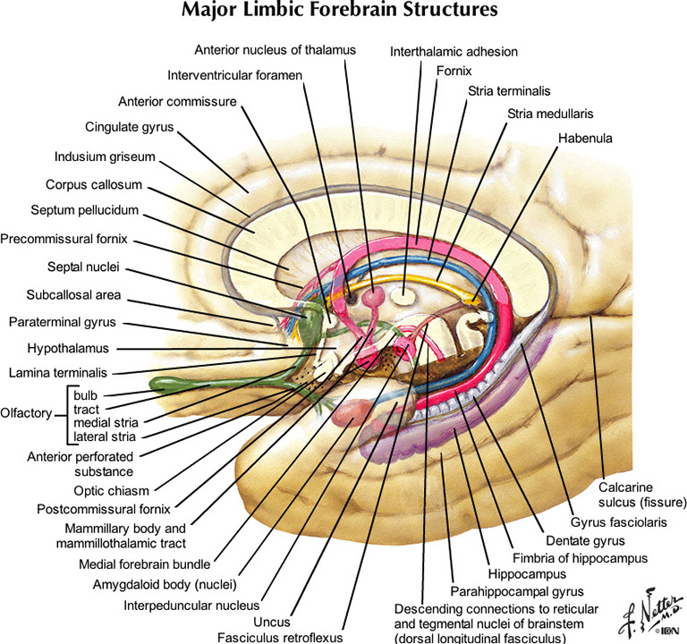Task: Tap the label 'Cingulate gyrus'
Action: [x=129, y=127]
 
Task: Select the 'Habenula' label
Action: [x=587, y=139]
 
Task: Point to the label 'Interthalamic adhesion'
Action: [x=454, y=51]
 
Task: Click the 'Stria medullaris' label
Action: [x=550, y=114]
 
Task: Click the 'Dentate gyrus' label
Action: [x=585, y=540]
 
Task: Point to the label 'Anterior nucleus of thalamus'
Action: [x=275, y=48]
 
